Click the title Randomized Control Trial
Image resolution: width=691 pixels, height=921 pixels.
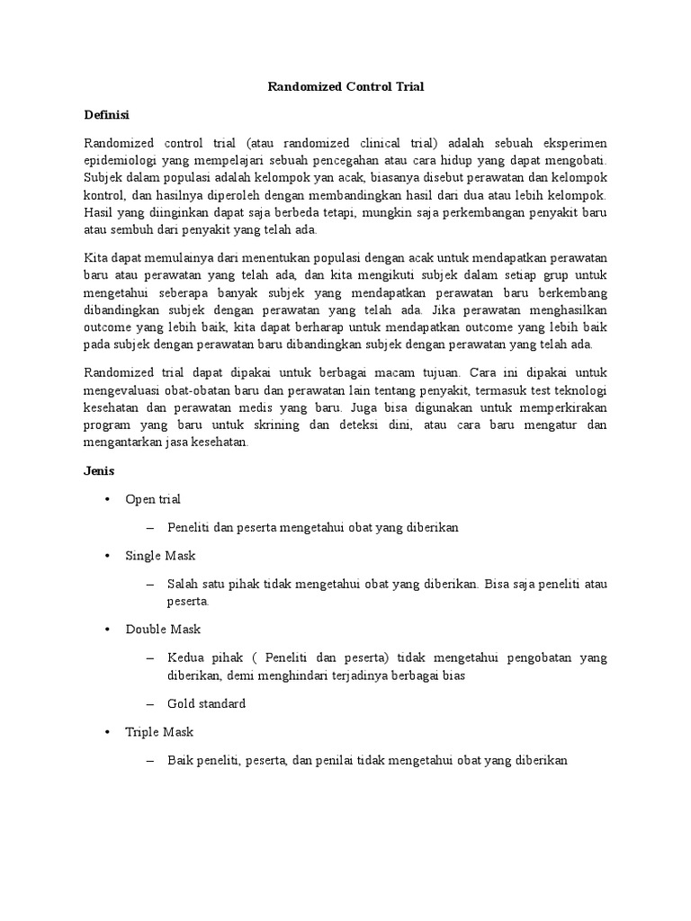pyautogui.click(x=345, y=87)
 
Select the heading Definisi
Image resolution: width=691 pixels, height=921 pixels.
pyautogui.click(x=106, y=115)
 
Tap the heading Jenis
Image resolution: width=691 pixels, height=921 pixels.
pyautogui.click(x=99, y=470)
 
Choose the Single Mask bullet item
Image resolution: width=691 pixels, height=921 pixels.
pyautogui.click(x=160, y=556)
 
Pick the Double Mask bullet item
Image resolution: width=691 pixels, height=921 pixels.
pyautogui.click(x=163, y=630)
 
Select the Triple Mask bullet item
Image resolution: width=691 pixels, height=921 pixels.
pyautogui.click(x=159, y=732)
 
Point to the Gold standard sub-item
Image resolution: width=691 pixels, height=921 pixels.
pyautogui.click(x=206, y=703)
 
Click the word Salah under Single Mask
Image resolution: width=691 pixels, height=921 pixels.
pyautogui.click(x=183, y=585)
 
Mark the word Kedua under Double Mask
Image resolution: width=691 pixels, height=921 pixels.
pyautogui.click(x=185, y=658)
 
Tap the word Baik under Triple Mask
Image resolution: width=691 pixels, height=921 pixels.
pyautogui.click(x=180, y=761)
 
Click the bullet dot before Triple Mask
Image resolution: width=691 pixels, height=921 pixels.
pyautogui.click(x=107, y=732)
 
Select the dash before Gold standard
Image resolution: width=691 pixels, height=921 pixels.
pyautogui.click(x=149, y=703)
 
